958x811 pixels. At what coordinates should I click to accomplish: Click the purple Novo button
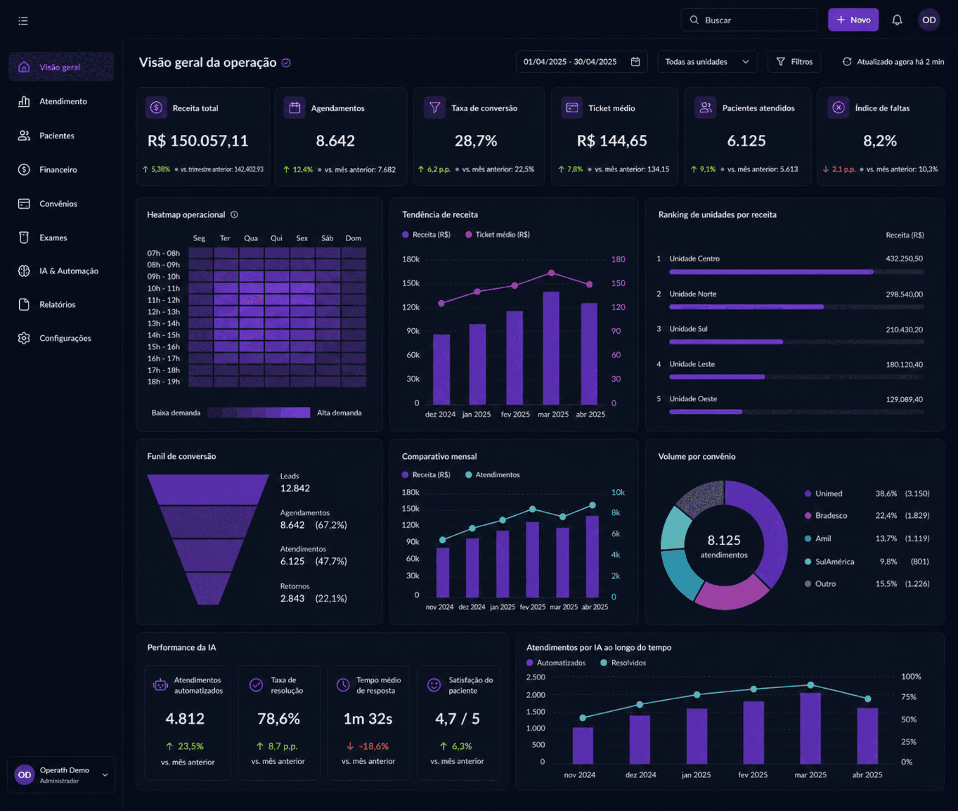coord(853,20)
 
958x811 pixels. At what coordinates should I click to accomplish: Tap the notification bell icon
coord(897,20)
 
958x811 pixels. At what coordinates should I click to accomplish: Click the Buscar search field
coord(749,20)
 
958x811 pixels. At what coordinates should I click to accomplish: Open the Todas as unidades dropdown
coord(707,61)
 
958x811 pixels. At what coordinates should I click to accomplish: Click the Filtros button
coord(794,61)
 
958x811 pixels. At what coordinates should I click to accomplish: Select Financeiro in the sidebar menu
coord(58,169)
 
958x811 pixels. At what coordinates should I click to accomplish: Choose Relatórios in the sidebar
coord(57,304)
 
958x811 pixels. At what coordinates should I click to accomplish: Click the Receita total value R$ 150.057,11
coord(198,141)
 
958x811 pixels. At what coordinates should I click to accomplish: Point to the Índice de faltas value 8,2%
coord(879,141)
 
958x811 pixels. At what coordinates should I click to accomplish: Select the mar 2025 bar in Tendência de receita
coord(551,348)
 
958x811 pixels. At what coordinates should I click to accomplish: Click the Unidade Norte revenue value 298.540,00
coord(904,294)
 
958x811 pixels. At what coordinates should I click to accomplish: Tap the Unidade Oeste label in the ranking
coord(693,399)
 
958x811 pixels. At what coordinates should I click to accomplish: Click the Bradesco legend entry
coord(831,515)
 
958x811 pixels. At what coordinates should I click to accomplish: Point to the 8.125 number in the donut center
coord(724,540)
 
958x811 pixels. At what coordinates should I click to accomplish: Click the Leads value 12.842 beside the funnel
coord(295,488)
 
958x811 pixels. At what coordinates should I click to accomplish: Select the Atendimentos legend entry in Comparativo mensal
coord(493,475)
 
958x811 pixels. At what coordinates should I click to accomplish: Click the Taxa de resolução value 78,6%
coord(279,718)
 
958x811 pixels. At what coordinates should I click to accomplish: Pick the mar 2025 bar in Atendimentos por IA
coord(810,728)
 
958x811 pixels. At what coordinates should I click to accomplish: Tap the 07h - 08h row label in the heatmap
coord(163,253)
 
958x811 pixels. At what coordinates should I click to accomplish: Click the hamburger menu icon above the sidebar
coord(23,21)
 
